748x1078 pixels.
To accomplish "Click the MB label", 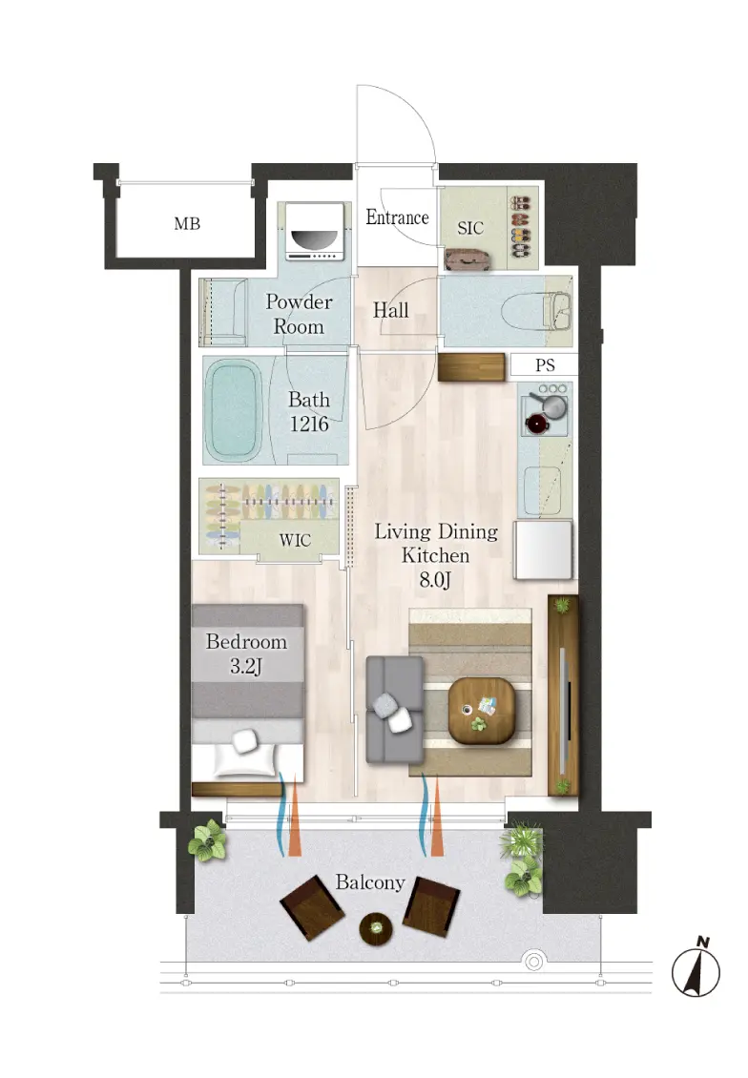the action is (x=187, y=223).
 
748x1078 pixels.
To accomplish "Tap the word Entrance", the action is (x=397, y=218).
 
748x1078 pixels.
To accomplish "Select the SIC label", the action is (x=470, y=228).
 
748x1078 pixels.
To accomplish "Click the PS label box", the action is (x=545, y=364).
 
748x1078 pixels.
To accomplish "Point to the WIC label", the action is (x=295, y=540).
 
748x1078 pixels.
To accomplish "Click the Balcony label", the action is (x=370, y=882).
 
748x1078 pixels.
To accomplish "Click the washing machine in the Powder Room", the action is (x=314, y=232).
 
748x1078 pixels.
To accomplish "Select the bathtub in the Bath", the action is (x=234, y=410).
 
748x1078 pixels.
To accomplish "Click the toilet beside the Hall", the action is (x=536, y=311).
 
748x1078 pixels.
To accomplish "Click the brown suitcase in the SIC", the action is (x=467, y=259).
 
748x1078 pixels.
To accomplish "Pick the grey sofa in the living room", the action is (x=395, y=710).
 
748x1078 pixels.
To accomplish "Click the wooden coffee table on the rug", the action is (x=481, y=711).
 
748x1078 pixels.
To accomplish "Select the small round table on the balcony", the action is (x=376, y=928).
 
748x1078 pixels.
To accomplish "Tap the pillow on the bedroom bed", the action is (x=245, y=741).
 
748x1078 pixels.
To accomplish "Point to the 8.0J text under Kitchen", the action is (x=435, y=580).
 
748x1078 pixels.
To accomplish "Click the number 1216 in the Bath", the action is (x=309, y=425).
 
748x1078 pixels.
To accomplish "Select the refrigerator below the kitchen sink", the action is (x=543, y=550).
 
